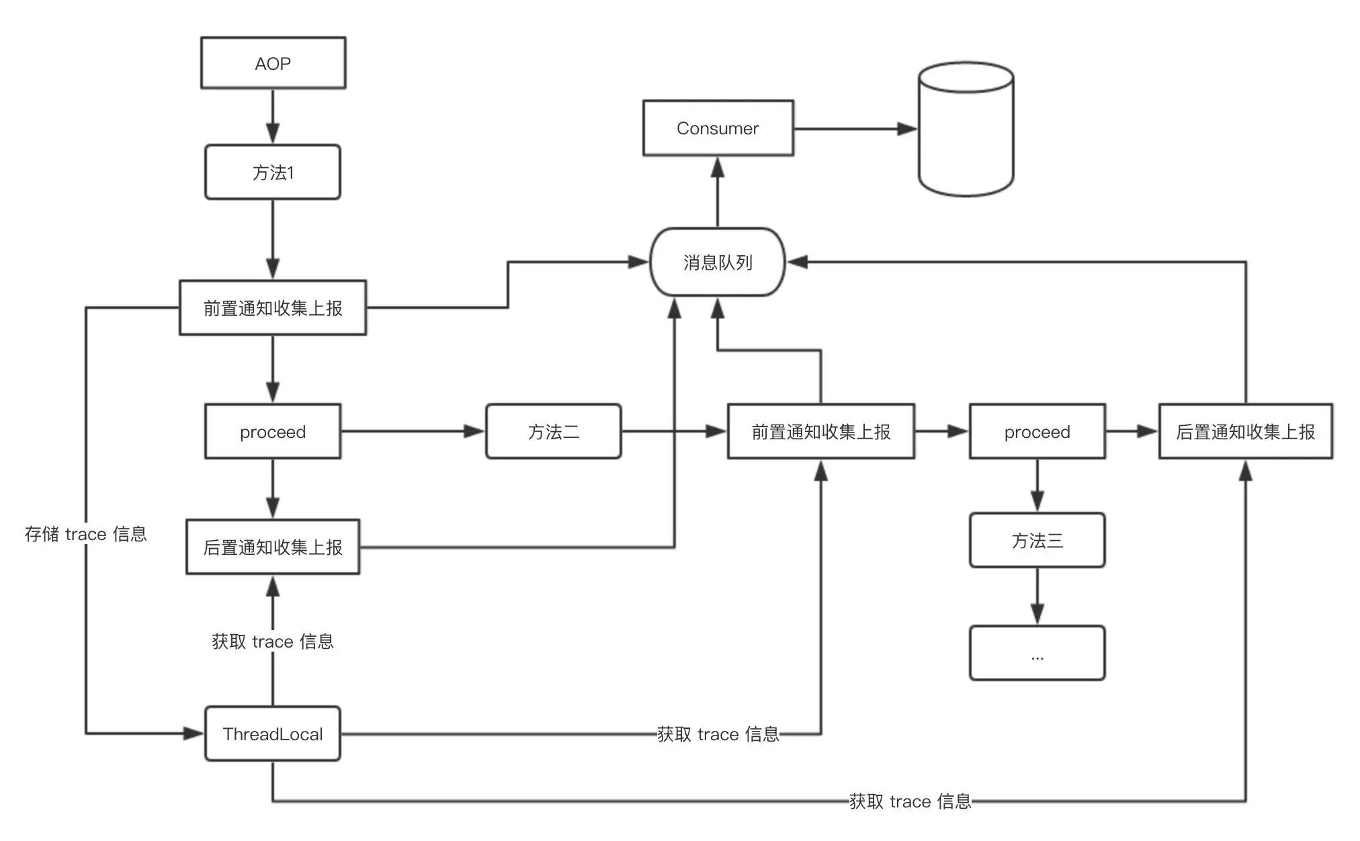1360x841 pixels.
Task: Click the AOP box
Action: (x=273, y=63)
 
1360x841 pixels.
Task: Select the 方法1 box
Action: (x=273, y=172)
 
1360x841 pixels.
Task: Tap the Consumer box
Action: (x=718, y=128)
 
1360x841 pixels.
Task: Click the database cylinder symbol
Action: (x=966, y=129)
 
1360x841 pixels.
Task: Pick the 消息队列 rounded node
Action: (x=718, y=262)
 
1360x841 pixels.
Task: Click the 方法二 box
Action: (x=553, y=431)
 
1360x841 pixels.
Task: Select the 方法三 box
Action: (x=1037, y=540)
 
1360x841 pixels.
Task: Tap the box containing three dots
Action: (x=1037, y=653)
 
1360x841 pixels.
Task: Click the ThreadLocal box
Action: (x=273, y=734)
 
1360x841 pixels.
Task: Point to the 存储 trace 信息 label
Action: (x=86, y=534)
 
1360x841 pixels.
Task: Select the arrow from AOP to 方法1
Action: (x=273, y=116)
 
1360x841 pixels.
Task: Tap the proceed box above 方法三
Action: (x=1037, y=431)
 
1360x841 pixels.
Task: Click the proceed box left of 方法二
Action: (x=273, y=431)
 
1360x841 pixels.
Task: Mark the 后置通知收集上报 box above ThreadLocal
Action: (x=273, y=547)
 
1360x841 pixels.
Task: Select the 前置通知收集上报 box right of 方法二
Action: (x=820, y=431)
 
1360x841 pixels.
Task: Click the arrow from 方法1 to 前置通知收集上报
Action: (x=273, y=239)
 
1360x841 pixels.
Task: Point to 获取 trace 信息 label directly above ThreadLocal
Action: (x=273, y=641)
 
